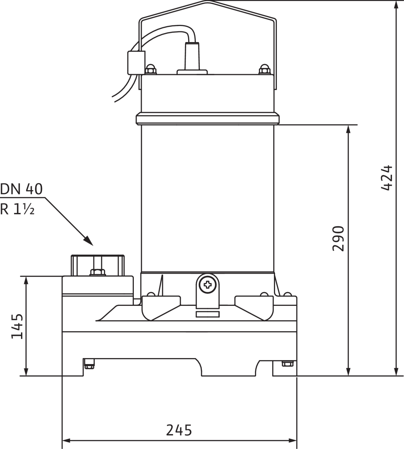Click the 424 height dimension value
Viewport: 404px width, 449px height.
pyautogui.click(x=386, y=178)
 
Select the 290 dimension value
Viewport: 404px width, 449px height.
pyautogui.click(x=338, y=239)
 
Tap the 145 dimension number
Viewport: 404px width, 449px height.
pyautogui.click(x=17, y=327)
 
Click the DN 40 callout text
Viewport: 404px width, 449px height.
pyautogui.click(x=21, y=189)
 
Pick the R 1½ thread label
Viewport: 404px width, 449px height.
pyautogui.click(x=17, y=209)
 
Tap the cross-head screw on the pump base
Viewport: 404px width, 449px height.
pyautogui.click(x=207, y=284)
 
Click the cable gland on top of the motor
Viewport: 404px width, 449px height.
pyautogui.click(x=192, y=58)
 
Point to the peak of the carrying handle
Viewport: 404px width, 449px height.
pyautogui.click(x=208, y=1)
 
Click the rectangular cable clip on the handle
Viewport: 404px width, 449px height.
pyautogui.click(x=136, y=63)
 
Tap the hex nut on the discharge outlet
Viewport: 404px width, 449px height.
pyautogui.click(x=98, y=272)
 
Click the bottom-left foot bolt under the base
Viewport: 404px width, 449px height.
pyautogui.click(x=89, y=364)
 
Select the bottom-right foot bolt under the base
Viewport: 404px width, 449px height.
pyautogui.click(x=288, y=364)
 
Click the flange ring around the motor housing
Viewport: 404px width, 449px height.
pyautogui.click(x=208, y=118)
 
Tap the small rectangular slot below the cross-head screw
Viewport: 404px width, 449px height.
pyautogui.click(x=207, y=314)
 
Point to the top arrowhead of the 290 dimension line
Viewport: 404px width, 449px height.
pyautogui.click(x=348, y=129)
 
